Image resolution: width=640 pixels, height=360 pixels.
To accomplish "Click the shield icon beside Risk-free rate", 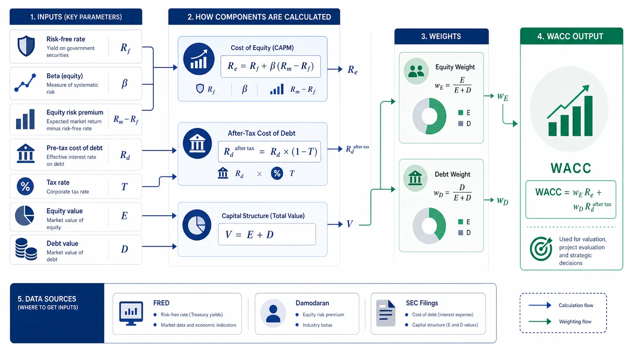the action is click(26, 46).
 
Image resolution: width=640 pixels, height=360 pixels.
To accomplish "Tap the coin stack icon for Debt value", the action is click(26, 249).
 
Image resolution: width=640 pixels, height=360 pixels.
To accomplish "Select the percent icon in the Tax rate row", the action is click(25, 186).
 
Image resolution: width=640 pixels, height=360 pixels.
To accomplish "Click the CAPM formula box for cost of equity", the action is click(271, 67).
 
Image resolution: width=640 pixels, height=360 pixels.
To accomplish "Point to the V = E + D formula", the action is click(267, 235).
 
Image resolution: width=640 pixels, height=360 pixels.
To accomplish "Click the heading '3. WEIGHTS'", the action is click(441, 36).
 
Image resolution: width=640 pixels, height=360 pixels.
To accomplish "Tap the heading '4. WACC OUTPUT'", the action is click(570, 36).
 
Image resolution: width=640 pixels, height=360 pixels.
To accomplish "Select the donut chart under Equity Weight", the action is click(429, 116).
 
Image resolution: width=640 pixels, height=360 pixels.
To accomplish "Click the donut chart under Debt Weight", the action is click(429, 226).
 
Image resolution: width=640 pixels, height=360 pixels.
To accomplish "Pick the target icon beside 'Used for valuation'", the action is click(541, 249).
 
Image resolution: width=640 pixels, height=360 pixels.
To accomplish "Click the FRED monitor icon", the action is click(131, 313).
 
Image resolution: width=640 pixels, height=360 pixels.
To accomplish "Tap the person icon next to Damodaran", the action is click(273, 313).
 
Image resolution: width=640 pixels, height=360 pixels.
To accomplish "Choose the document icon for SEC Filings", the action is click(386, 313).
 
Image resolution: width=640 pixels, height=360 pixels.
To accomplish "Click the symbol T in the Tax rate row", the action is click(124, 187).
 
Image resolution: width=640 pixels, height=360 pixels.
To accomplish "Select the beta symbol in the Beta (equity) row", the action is click(124, 83).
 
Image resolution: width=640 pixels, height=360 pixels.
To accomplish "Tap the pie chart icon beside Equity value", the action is click(24, 215).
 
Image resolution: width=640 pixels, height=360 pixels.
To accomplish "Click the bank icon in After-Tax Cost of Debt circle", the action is click(197, 143).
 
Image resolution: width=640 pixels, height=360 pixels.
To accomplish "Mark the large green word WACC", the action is click(571, 168).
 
